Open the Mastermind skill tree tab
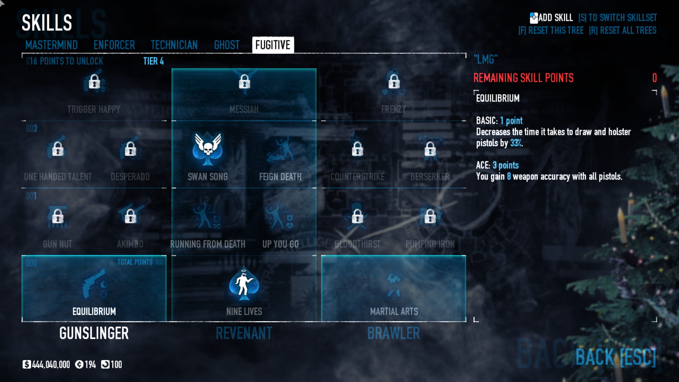coord(51,45)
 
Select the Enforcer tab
coord(114,45)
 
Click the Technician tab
coord(174,45)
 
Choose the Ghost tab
coord(227,45)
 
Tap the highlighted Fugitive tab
coord(273,45)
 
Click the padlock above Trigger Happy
coord(94,82)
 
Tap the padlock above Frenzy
coord(394,82)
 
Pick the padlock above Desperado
coord(130,149)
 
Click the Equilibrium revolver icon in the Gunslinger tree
coord(94,284)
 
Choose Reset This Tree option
coord(551,30)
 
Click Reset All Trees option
coord(622,30)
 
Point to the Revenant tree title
coord(244,333)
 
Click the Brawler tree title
coord(394,333)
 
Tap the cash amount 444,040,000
coord(51,364)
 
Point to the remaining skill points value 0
coord(654,78)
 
